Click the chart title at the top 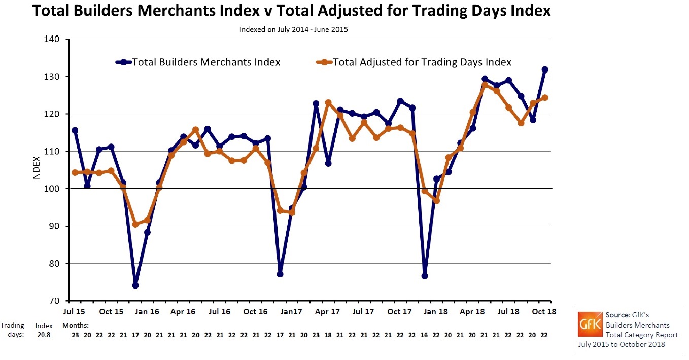[291, 11]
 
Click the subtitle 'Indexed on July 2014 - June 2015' [293, 29]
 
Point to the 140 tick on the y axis [53, 39]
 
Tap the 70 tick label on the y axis [55, 301]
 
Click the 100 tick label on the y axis [53, 189]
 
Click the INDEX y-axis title [37, 170]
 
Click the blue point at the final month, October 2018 [545, 69]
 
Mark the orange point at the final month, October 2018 [545, 98]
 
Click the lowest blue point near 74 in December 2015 [135, 285]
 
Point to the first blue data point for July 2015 [75, 130]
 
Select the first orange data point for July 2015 [75, 172]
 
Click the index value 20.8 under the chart [44, 335]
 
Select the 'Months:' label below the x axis [76, 325]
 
